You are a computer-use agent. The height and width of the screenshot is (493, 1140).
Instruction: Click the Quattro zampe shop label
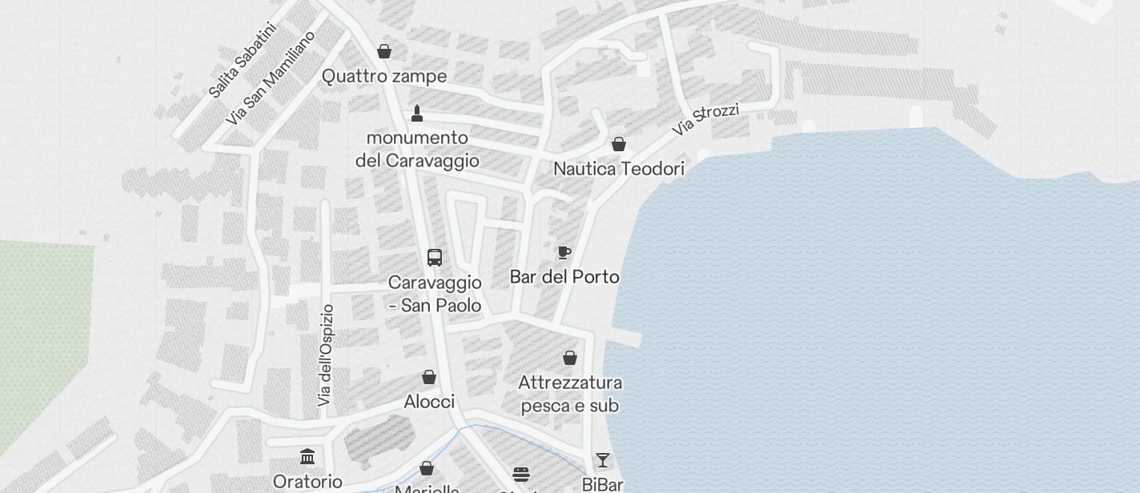[x=384, y=76]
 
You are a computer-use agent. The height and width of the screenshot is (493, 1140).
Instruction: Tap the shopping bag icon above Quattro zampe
[x=384, y=51]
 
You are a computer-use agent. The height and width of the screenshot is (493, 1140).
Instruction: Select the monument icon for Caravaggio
[x=416, y=113]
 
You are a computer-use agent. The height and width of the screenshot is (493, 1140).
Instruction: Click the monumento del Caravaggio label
[x=417, y=149]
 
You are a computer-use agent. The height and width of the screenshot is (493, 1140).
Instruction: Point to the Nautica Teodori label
[x=619, y=169]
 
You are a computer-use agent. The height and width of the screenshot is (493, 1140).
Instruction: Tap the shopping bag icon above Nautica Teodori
[x=619, y=144]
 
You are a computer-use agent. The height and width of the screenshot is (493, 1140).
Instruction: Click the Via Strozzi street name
[x=705, y=119]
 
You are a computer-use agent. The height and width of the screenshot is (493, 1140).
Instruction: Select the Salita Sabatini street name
[x=242, y=61]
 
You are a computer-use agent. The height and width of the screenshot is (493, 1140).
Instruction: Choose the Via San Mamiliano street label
[x=270, y=78]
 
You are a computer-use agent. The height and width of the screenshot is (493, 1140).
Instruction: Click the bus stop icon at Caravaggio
[x=435, y=258]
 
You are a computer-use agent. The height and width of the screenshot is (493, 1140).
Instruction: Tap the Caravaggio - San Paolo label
[x=435, y=294]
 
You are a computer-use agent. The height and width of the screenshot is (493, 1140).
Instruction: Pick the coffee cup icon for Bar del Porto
[x=564, y=253]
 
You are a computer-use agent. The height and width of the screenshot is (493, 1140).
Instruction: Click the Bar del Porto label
[x=564, y=277]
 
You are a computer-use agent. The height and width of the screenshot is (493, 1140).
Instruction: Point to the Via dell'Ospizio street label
[x=325, y=355]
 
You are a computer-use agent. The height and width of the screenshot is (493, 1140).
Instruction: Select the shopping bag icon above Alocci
[x=429, y=377]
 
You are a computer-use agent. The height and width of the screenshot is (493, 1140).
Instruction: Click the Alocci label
[x=429, y=402]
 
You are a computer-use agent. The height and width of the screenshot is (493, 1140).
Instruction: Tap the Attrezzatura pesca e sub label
[x=570, y=394]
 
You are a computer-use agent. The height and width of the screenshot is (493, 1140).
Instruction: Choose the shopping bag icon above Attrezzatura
[x=570, y=358]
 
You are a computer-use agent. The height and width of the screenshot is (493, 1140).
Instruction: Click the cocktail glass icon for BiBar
[x=602, y=460]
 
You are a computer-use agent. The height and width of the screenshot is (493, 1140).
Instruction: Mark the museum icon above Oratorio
[x=307, y=457]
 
